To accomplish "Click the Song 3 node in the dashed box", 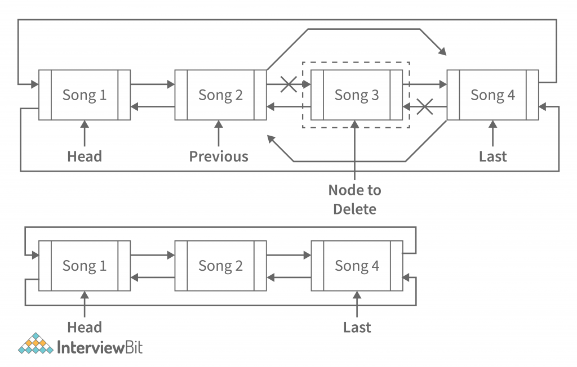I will click(x=357, y=95).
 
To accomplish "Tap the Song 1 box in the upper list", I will click(x=85, y=95).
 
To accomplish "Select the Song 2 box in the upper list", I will click(x=220, y=95).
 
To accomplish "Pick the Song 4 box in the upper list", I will click(x=492, y=95).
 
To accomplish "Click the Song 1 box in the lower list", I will click(x=85, y=266).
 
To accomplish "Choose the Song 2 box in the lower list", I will click(x=220, y=266).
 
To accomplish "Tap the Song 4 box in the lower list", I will click(x=357, y=266).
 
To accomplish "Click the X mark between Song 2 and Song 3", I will click(x=288, y=84).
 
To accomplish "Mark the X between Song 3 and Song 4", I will click(x=424, y=106).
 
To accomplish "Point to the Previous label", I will click(x=219, y=156).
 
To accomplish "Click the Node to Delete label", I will click(x=355, y=200).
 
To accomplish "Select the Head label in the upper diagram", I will click(x=85, y=156).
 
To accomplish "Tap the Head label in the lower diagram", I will click(x=85, y=327).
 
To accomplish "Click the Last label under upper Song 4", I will click(x=493, y=156).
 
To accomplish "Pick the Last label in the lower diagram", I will click(x=357, y=327).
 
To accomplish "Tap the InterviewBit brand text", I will click(x=100, y=347).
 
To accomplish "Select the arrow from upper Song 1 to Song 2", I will click(x=152, y=84).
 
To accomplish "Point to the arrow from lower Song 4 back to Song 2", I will click(x=288, y=276).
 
